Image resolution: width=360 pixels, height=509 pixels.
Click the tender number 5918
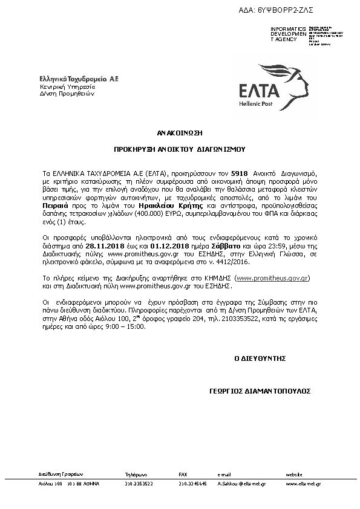point(240,164)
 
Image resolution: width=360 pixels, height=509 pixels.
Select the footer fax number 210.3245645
point(192,484)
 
